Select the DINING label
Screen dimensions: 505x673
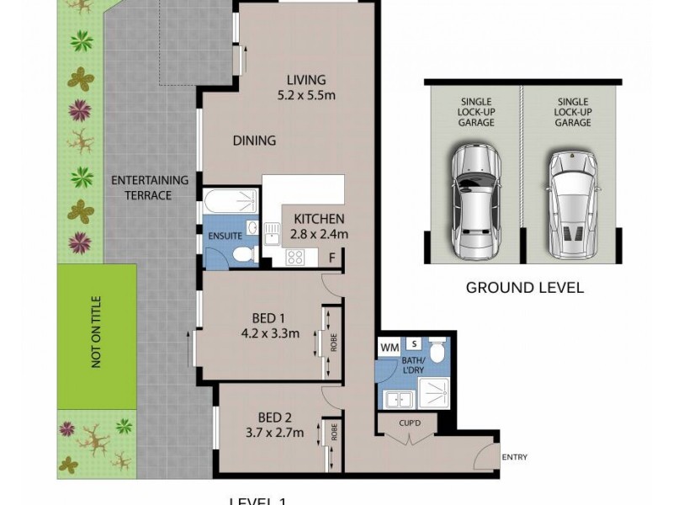(x=254, y=141)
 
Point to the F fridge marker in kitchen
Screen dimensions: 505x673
(x=333, y=258)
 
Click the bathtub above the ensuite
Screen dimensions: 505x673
(x=229, y=201)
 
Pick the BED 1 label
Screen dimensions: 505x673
(x=269, y=318)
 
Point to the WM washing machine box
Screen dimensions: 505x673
(x=389, y=346)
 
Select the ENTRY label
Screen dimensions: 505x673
(x=514, y=457)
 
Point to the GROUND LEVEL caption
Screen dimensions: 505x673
(x=525, y=288)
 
